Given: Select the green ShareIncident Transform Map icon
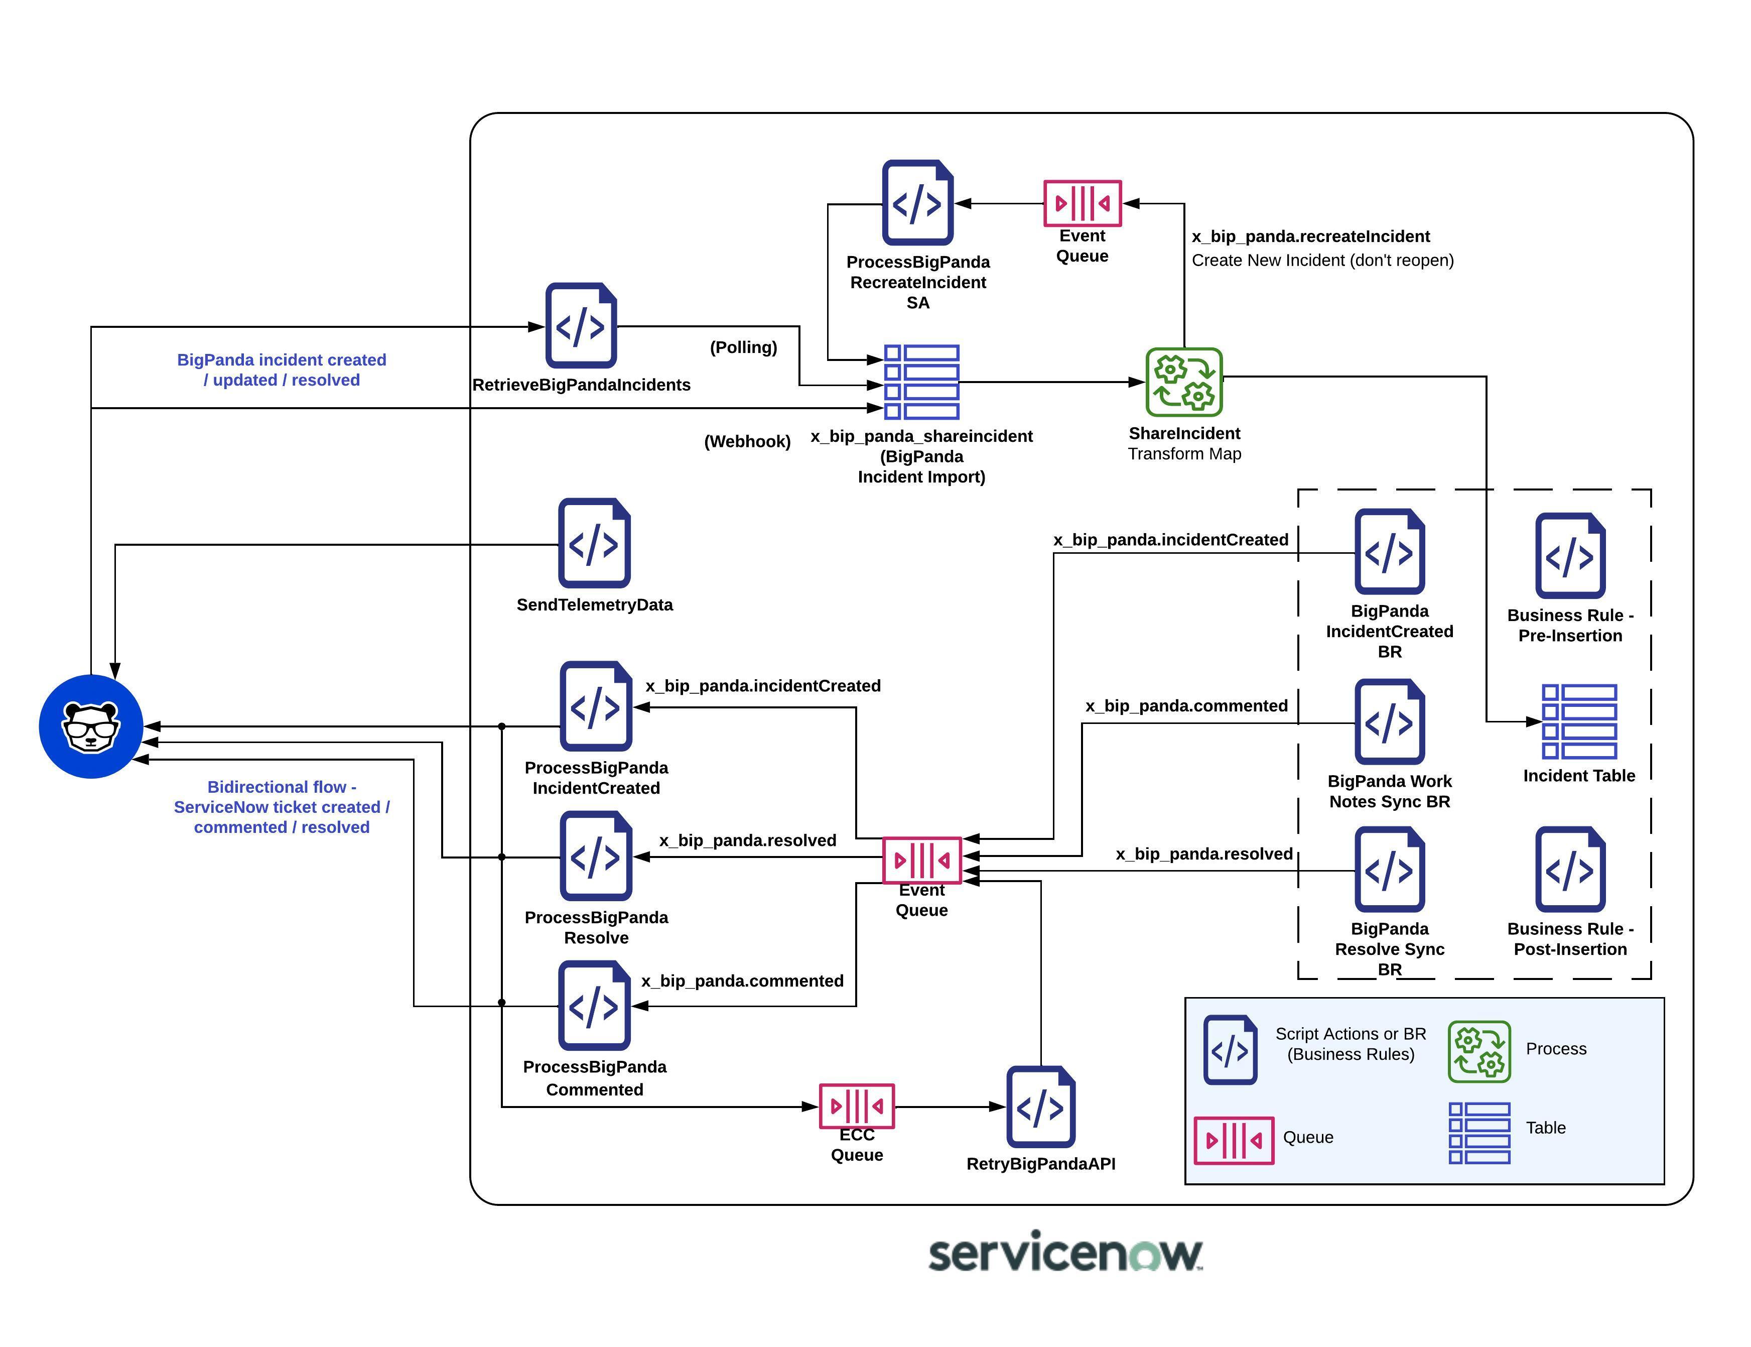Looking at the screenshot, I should [x=1183, y=382].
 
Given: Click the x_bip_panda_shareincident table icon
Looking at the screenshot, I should [x=921, y=382].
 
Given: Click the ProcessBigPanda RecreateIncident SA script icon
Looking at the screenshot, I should [x=917, y=203].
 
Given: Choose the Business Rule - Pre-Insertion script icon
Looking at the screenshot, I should [x=1569, y=556].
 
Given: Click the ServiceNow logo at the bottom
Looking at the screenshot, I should [x=1064, y=1253].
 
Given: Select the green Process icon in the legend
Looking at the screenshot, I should [x=1478, y=1051].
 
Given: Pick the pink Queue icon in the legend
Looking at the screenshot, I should [x=1233, y=1139].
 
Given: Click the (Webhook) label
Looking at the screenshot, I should [x=746, y=441].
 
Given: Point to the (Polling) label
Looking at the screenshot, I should [x=743, y=347].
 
